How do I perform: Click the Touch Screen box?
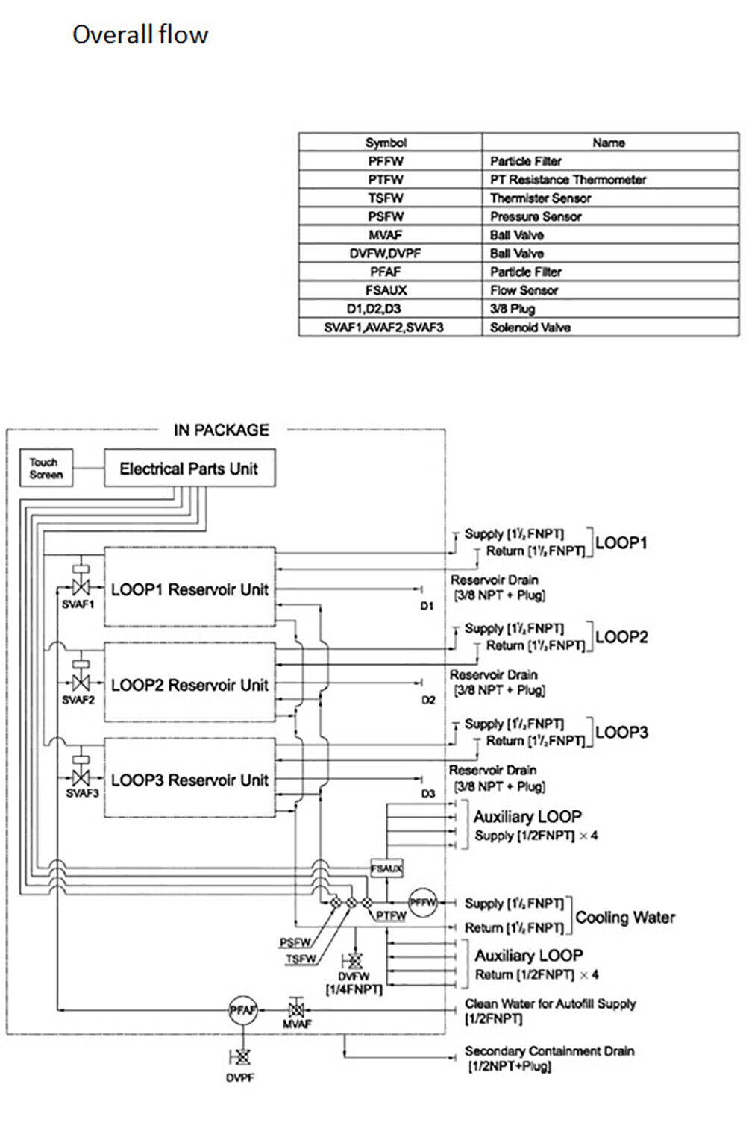point(46,469)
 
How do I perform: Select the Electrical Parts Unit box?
point(189,469)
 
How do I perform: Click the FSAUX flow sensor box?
point(386,868)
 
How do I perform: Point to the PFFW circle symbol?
point(422,902)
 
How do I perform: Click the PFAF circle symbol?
point(242,1010)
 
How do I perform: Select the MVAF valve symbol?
point(296,1010)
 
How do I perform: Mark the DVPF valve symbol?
point(241,1056)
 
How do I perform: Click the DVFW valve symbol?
point(354,961)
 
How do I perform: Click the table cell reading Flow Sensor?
point(524,290)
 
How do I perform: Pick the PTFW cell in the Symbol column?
point(386,180)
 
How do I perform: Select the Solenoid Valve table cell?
point(530,327)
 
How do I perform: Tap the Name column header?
point(609,143)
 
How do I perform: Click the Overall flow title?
point(140,34)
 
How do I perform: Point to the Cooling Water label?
point(625,917)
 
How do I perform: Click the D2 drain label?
point(428,700)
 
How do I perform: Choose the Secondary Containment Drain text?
point(549,1051)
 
